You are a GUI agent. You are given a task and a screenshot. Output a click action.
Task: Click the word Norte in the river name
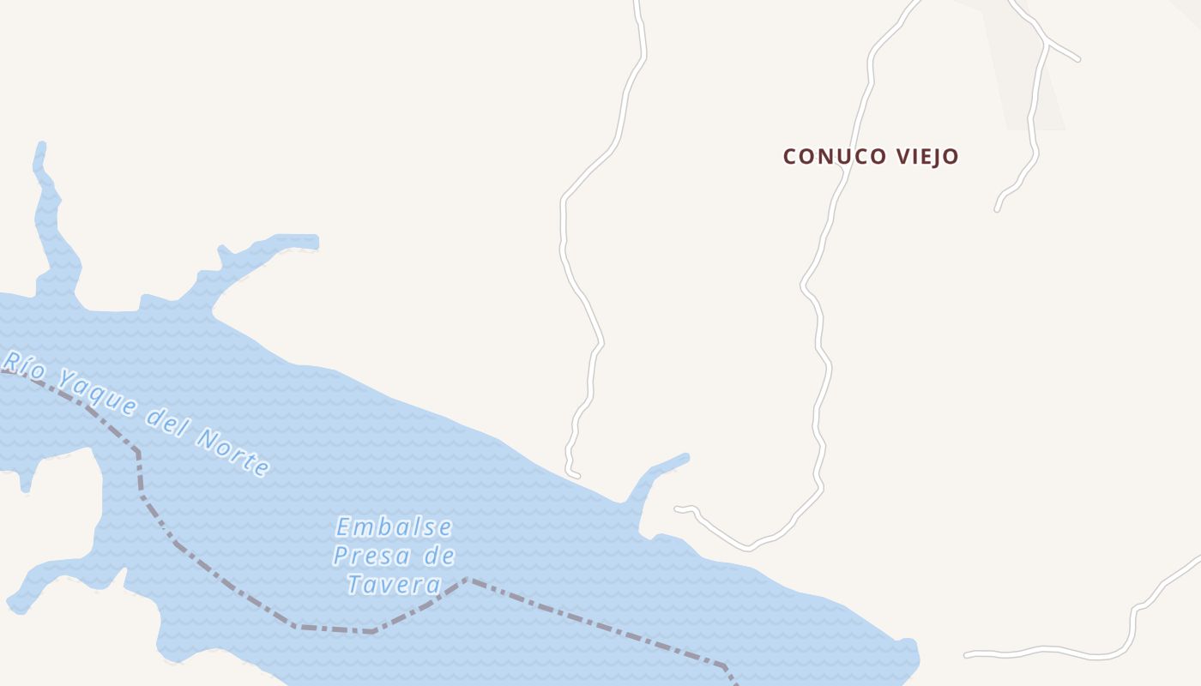233,452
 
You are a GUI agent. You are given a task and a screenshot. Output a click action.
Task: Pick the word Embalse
394,527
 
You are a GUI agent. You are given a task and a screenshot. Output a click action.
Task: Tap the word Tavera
394,585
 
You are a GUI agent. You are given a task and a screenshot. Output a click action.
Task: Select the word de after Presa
439,556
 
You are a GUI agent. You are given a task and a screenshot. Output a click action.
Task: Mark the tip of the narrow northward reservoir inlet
40,146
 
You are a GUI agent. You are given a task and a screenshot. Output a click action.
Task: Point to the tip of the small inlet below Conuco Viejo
685,457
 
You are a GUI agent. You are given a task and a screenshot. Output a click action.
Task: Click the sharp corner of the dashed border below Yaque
137,452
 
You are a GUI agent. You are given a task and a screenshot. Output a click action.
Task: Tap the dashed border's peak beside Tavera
468,580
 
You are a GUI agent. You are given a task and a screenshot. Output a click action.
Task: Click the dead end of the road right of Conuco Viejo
997,208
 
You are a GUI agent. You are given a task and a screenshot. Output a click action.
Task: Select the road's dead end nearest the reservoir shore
577,475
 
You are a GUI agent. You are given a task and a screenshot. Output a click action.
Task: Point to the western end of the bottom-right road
967,655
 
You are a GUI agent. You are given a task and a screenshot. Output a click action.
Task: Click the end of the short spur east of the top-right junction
1077,59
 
